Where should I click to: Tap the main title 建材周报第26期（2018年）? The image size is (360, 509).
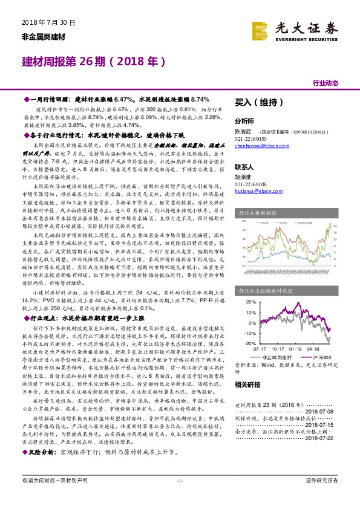pyautogui.click(x=94, y=62)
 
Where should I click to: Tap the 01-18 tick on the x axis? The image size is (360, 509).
pyautogui.click(x=296, y=349)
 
